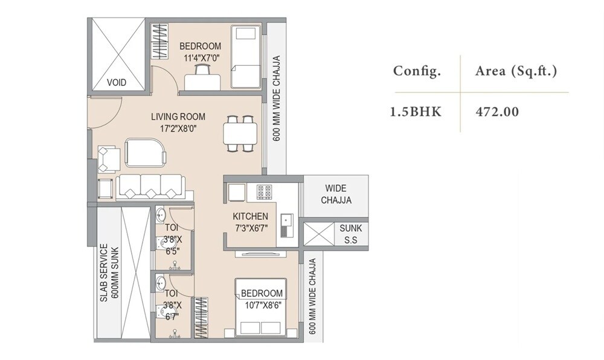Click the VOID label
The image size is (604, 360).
(117, 82)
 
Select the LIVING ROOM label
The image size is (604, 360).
(178, 117)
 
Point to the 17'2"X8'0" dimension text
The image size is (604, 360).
(178, 128)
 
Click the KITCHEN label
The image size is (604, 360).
(251, 216)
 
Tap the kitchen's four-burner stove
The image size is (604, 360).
(264, 191)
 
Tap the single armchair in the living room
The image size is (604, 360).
(109, 158)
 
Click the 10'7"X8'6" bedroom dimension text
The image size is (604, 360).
(262, 305)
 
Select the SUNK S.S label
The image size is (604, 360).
(350, 233)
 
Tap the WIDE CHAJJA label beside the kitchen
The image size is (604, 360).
(336, 194)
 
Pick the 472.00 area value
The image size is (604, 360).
(496, 112)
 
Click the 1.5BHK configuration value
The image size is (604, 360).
(417, 112)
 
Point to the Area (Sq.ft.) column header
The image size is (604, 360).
(516, 71)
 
